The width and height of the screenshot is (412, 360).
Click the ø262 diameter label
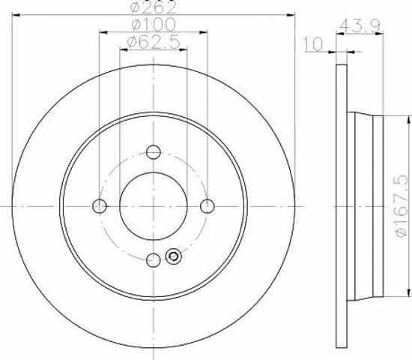(153, 7)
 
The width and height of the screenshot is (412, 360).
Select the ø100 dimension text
(154, 24)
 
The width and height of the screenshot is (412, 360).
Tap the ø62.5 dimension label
(154, 42)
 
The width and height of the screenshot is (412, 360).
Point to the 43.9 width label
(360, 25)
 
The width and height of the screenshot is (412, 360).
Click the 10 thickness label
(312, 44)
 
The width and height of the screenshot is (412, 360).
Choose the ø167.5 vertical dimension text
(402, 206)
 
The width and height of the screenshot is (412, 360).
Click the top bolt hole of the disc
(154, 151)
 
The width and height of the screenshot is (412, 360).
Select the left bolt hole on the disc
(100, 206)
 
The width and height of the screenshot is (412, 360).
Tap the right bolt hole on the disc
(207, 206)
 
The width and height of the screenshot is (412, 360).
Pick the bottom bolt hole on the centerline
(154, 260)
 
